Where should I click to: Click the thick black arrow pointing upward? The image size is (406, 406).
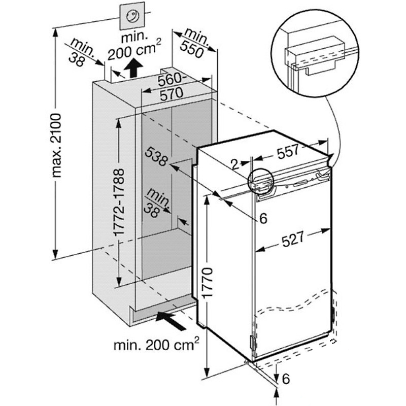click(133, 67)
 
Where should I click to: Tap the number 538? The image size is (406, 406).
click(155, 157)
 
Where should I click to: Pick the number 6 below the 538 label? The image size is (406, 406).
click(263, 219)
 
